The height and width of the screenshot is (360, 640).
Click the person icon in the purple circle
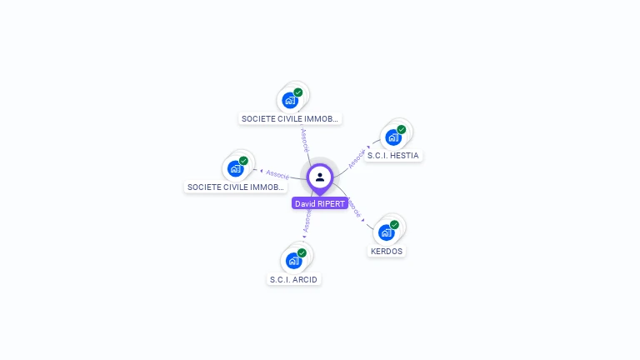(320, 177)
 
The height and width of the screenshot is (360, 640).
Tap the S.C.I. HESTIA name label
(393, 156)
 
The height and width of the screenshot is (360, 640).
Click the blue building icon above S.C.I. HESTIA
(393, 137)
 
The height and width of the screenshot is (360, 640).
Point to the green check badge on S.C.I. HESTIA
(402, 129)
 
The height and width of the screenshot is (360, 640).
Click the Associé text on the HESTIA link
(357, 158)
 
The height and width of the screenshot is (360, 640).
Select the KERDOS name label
(387, 251)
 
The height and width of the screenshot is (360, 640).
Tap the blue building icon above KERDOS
(387, 232)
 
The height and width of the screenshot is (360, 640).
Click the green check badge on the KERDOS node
(395, 224)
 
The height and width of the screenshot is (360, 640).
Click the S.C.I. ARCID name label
(293, 279)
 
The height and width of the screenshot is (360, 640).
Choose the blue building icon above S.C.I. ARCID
(293, 261)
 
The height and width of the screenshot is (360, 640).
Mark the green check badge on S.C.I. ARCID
(302, 252)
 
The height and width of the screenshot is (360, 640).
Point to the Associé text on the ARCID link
(307, 220)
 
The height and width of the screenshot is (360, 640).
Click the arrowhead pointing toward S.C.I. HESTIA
(369, 147)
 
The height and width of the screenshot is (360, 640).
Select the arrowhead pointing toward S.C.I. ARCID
(303, 237)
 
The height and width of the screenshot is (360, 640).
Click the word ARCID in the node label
(305, 279)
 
